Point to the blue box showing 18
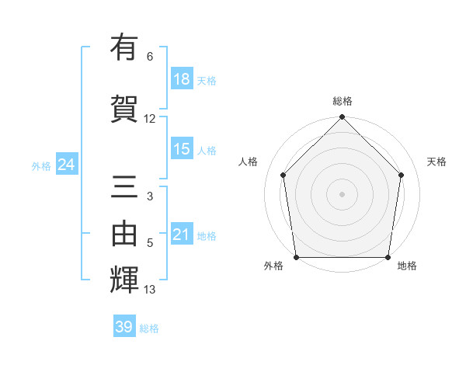click(x=182, y=79)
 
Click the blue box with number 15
click(x=182, y=149)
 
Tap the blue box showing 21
click(x=182, y=235)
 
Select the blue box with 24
click(x=66, y=165)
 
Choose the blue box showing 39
click(x=124, y=327)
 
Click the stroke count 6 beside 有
click(x=150, y=57)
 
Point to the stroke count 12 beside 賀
click(x=150, y=119)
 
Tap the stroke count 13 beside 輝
click(x=150, y=290)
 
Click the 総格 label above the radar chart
click(x=343, y=102)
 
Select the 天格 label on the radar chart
click(x=437, y=162)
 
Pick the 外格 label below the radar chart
click(x=273, y=266)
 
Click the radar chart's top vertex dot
click(x=342, y=118)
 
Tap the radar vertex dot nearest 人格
click(x=283, y=175)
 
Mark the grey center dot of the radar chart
click(x=342, y=193)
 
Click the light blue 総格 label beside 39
click(x=149, y=328)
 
